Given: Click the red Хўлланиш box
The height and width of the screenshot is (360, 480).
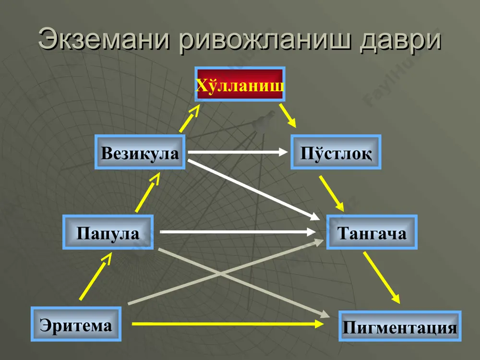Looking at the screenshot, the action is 240,84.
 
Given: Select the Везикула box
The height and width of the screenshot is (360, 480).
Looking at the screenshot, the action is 140,152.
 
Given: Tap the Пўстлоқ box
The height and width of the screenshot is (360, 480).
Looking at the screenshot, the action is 336,152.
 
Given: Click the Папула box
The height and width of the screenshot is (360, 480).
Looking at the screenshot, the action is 108,232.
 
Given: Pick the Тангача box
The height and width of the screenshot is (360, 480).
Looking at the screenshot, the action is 372,232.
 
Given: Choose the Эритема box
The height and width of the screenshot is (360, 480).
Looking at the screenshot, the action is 76,324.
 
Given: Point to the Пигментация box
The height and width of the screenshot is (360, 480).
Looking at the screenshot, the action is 400,326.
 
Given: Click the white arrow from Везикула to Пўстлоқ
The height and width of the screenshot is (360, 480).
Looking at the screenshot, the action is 238,152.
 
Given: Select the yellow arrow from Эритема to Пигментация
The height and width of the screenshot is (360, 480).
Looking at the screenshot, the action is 228,324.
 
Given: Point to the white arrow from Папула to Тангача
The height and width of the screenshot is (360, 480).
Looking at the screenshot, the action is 238,232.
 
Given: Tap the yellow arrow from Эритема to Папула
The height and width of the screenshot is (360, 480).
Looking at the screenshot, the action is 96,276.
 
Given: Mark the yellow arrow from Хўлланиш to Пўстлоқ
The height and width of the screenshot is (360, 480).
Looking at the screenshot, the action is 288,115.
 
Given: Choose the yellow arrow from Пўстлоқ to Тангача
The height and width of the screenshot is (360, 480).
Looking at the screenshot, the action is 332,194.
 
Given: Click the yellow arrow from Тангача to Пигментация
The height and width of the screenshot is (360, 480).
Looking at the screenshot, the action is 382,277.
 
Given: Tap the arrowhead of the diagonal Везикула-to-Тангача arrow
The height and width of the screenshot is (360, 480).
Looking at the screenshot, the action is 315,217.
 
